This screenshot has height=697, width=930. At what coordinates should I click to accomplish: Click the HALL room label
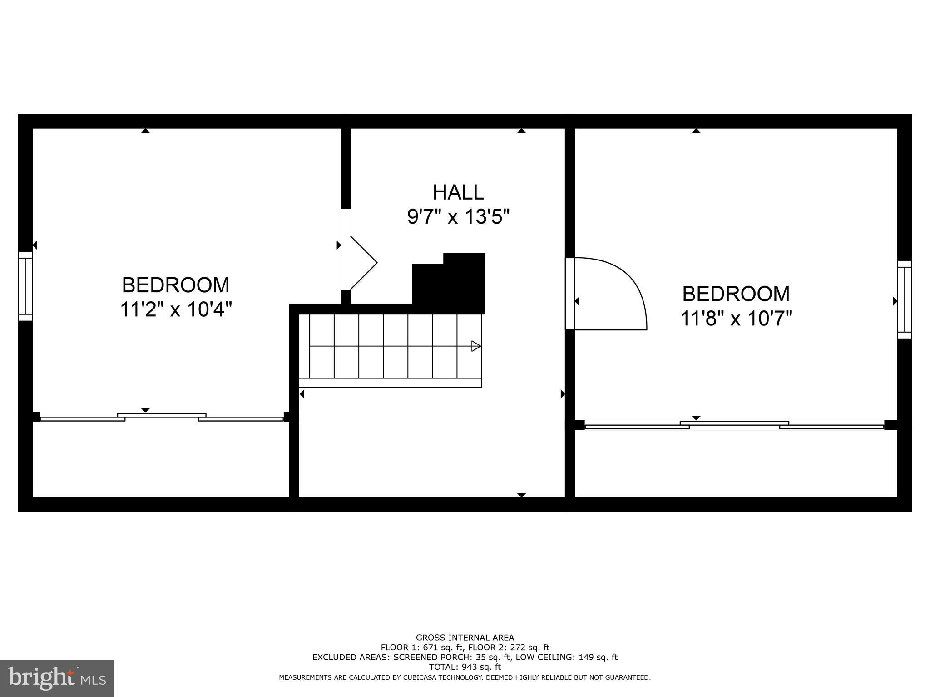coord(458,192)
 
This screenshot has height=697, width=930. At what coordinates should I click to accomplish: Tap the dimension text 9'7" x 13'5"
coord(458,217)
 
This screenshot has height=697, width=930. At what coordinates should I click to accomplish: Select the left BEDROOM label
coord(176,285)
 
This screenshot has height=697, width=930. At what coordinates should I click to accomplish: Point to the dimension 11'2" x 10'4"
coord(176,310)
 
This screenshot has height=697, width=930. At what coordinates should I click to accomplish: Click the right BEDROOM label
coord(736,294)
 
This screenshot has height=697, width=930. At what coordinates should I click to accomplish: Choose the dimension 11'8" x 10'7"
coord(736,319)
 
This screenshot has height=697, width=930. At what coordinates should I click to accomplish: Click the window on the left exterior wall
coord(25,286)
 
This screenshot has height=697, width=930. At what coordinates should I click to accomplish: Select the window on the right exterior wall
coord(904,299)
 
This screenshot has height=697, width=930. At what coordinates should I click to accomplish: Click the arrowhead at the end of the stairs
coord(475,346)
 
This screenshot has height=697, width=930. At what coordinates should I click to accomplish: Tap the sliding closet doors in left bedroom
coord(162,417)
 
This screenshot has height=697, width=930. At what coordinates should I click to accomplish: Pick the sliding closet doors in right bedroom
coord(734,425)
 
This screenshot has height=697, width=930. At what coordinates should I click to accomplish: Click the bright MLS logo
coord(57,678)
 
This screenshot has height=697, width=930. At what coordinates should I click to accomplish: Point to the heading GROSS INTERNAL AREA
coord(465,638)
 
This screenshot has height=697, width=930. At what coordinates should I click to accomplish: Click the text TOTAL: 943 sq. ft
coord(465,667)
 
